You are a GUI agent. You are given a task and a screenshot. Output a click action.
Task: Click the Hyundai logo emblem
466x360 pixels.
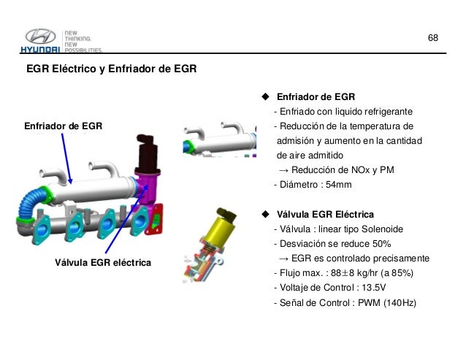click(39, 37)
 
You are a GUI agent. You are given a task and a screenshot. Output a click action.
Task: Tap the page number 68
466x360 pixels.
click(433, 37)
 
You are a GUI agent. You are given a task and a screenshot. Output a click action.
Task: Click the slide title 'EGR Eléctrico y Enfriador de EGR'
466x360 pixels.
click(111, 70)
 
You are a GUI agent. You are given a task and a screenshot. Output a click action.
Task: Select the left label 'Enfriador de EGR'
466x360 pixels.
click(64, 126)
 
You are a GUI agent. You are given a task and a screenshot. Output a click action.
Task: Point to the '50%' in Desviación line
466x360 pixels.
click(381, 244)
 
